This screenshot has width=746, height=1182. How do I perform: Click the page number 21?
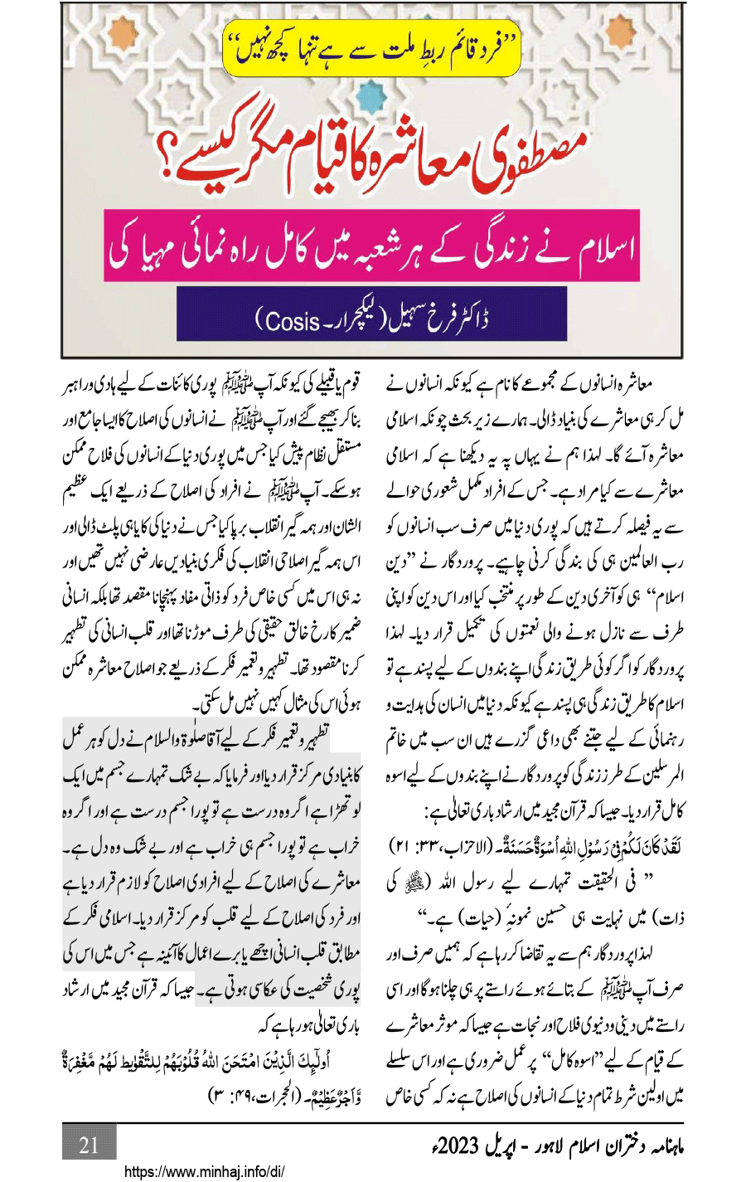pos(89,1146)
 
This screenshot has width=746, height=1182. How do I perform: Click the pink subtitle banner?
pos(372,250)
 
